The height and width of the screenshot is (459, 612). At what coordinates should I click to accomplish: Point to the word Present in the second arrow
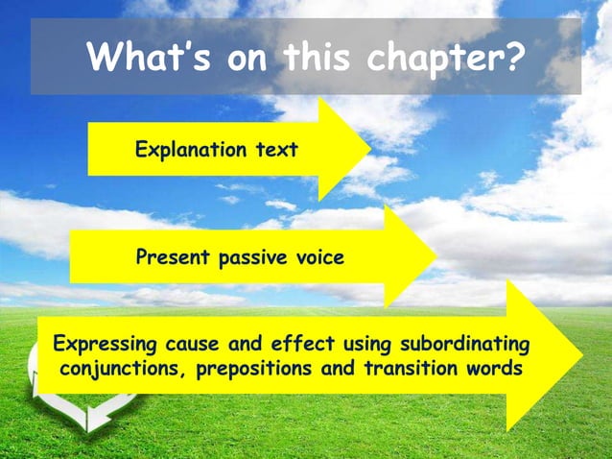click(x=171, y=257)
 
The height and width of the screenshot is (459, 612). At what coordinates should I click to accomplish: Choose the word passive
click(x=252, y=258)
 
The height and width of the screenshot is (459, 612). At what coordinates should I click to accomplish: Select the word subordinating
click(x=466, y=344)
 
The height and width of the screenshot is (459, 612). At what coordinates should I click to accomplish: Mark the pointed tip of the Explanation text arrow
click(x=370, y=149)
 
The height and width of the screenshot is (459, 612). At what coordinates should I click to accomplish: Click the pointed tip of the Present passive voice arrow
click(x=436, y=256)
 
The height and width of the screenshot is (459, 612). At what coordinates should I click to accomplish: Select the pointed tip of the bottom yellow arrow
click(x=581, y=355)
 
